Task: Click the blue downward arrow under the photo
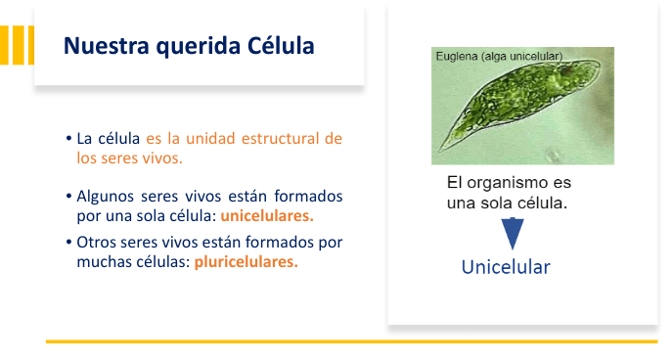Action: [x=513, y=233]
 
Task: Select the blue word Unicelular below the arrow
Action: [x=506, y=267]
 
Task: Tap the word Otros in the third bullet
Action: [x=96, y=242]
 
